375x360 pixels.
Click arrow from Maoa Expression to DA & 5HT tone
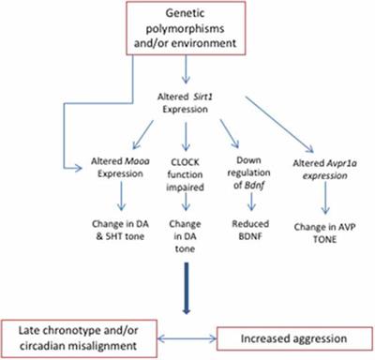click(x=119, y=194)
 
